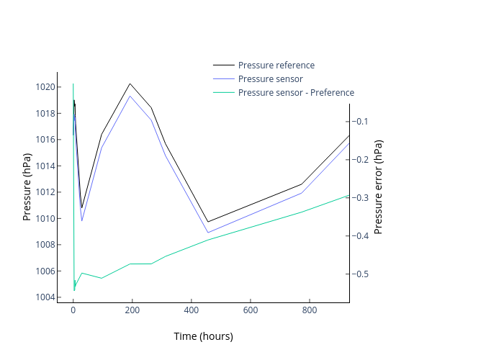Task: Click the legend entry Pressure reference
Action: pyautogui.click(x=276, y=66)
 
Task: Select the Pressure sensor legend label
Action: pyautogui.click(x=270, y=79)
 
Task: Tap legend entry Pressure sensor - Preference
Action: pyautogui.click(x=296, y=93)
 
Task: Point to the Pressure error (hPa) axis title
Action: pyautogui.click(x=379, y=186)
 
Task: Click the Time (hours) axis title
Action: pyautogui.click(x=203, y=336)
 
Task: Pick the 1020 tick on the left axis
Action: pyautogui.click(x=44, y=87)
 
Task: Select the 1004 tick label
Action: pyautogui.click(x=44, y=297)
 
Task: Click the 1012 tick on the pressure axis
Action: pyautogui.click(x=44, y=192)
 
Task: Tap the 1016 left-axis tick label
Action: pyautogui.click(x=44, y=140)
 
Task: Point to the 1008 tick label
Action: pyautogui.click(x=44, y=245)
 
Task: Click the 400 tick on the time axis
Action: pyautogui.click(x=192, y=310)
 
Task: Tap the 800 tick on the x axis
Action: pyautogui.click(x=310, y=310)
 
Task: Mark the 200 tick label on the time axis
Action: pyautogui.click(x=132, y=310)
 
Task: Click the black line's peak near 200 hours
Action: pyautogui.click(x=130, y=84)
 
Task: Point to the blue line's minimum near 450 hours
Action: pyautogui.click(x=208, y=233)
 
